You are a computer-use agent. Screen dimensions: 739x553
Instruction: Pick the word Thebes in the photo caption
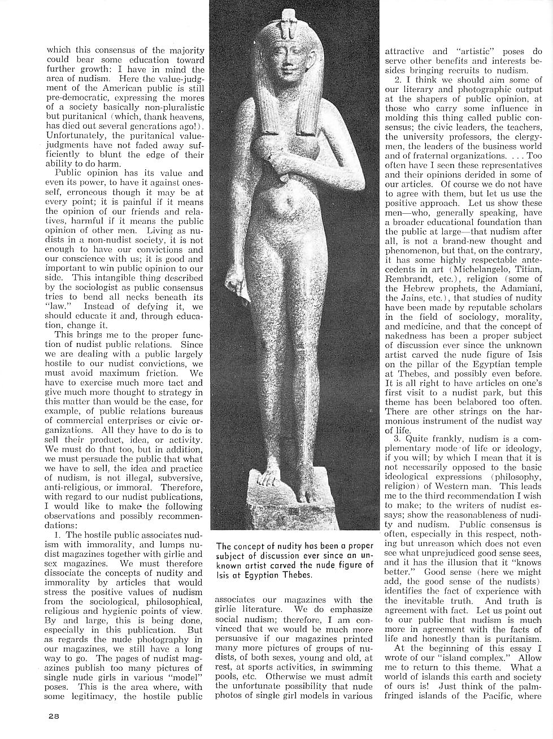[295, 575]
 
